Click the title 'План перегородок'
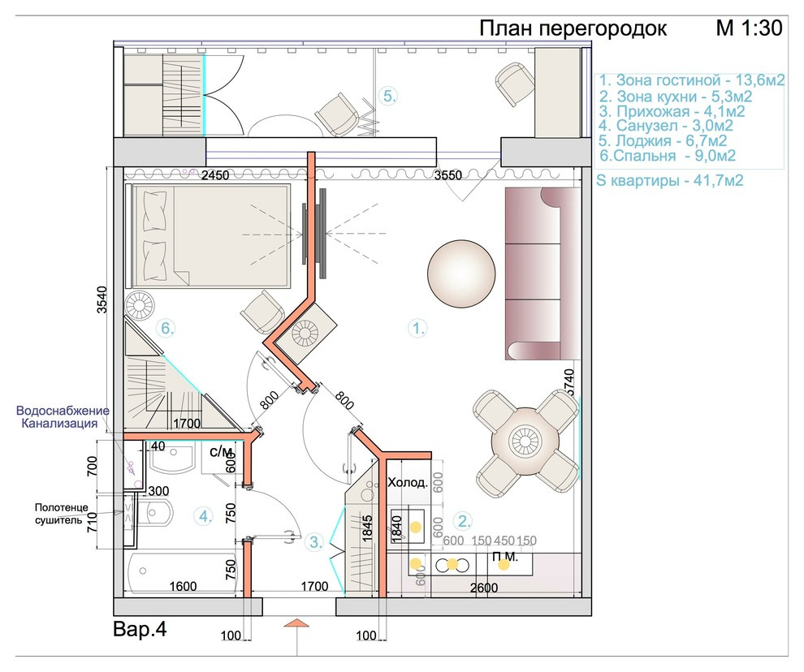tap(573, 28)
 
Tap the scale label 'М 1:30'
tap(749, 28)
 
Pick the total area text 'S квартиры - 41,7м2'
tap(670, 180)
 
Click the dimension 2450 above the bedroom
tap(215, 175)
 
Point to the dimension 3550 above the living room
tap(447, 175)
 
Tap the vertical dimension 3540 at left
tap(102, 299)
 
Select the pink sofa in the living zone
tap(542, 274)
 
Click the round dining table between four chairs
tap(525, 441)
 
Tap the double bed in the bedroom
tap(210, 236)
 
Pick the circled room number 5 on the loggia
tap(389, 96)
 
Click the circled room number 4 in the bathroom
tap(205, 516)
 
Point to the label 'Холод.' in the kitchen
tap(408, 482)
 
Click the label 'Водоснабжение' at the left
tap(63, 411)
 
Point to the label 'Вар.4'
tap(140, 630)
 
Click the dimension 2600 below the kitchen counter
tap(484, 588)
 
